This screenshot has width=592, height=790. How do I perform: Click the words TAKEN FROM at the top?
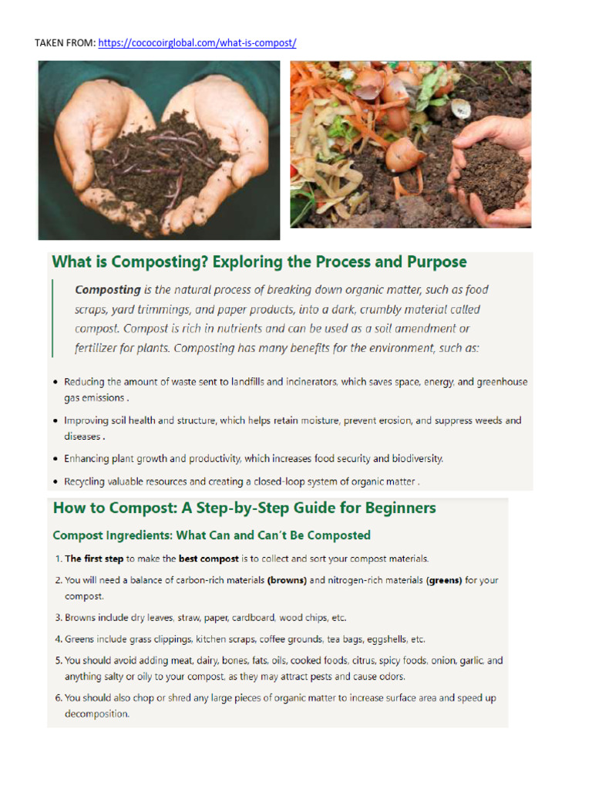coord(66,43)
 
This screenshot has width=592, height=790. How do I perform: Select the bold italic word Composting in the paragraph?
coord(107,290)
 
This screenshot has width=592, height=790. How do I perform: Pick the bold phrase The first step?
coord(94,558)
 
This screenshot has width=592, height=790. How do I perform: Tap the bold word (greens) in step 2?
coord(443,580)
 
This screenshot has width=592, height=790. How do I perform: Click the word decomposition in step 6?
coord(96,714)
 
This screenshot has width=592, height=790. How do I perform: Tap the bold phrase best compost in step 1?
coord(208,558)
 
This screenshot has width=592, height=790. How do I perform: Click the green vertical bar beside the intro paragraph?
coord(52,319)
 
